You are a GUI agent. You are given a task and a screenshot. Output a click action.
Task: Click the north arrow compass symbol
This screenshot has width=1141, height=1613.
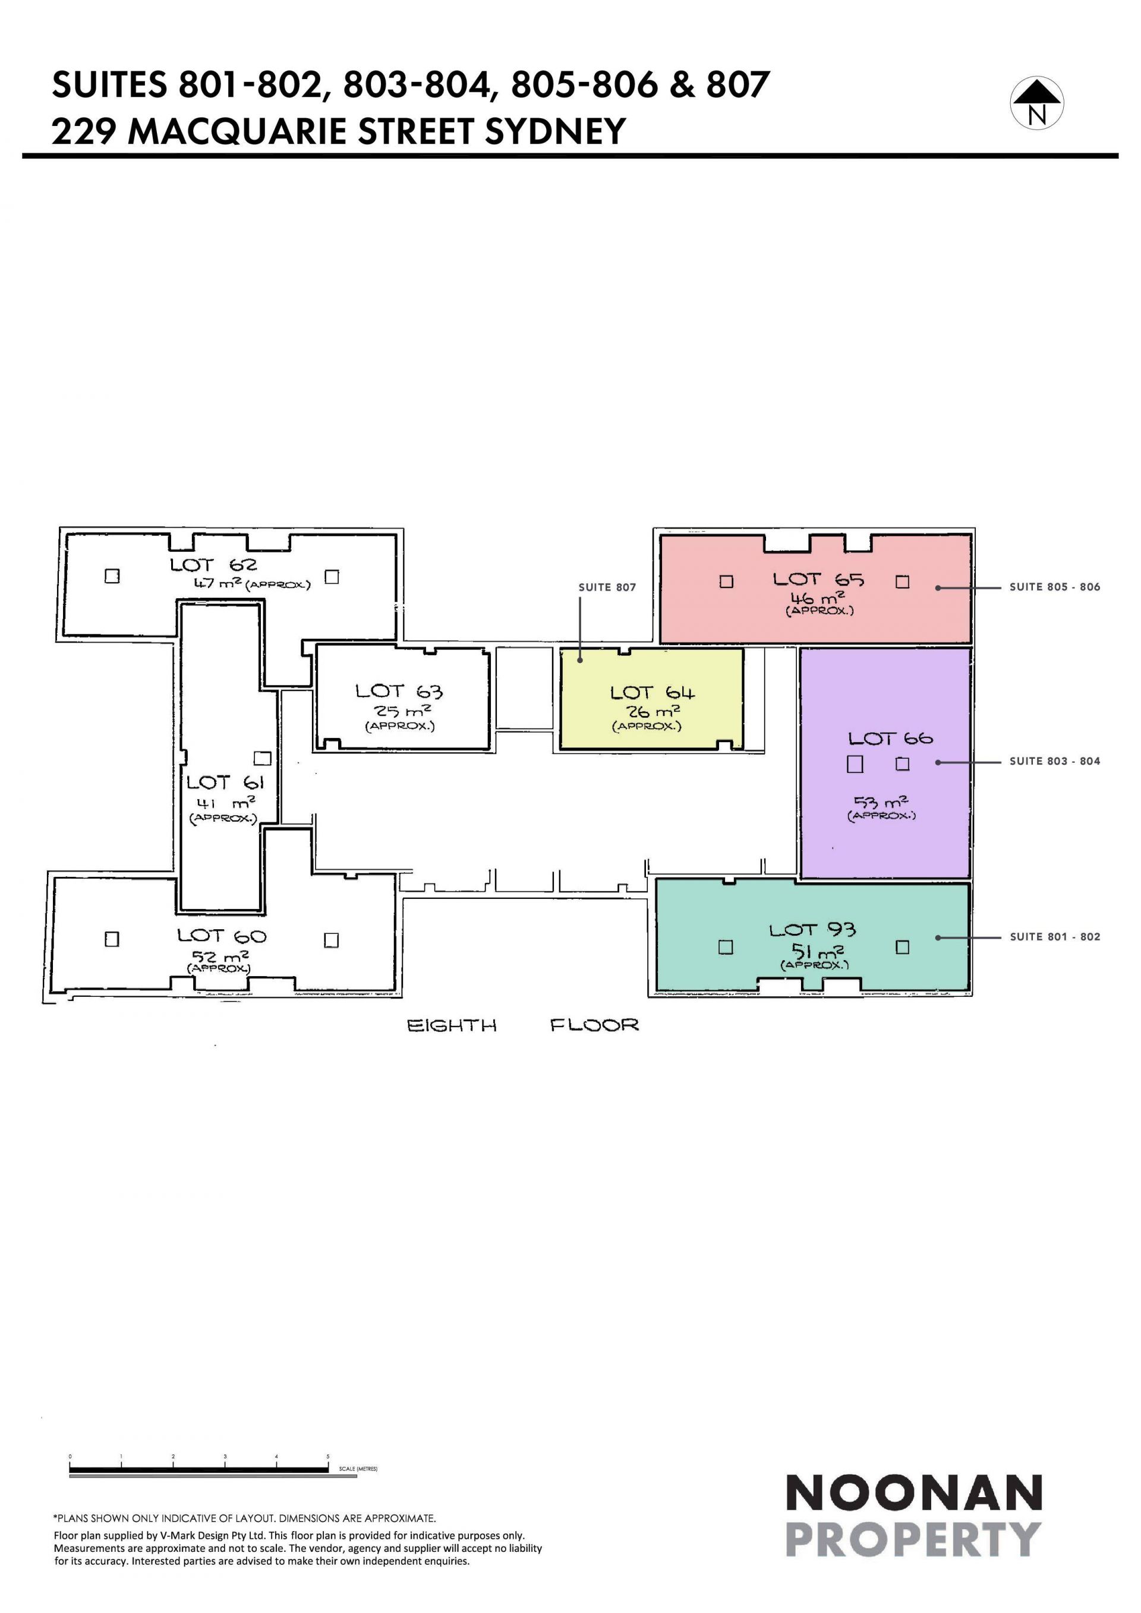pyautogui.click(x=1036, y=103)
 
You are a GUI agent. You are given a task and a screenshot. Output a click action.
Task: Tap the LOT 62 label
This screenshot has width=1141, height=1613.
pyautogui.click(x=213, y=565)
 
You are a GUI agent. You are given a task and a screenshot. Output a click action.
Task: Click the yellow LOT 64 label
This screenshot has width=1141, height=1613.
pyautogui.click(x=652, y=693)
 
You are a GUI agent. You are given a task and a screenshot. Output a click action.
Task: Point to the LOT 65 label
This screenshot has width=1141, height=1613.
pyautogui.click(x=818, y=580)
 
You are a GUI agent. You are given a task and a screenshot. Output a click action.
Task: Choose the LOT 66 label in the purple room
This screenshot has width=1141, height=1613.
pyautogui.click(x=890, y=738)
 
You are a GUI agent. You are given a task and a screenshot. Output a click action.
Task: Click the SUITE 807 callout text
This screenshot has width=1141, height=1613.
pyautogui.click(x=607, y=588)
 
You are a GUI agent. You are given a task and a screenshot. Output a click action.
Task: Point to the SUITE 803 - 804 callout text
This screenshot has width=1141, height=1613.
pyautogui.click(x=1055, y=761)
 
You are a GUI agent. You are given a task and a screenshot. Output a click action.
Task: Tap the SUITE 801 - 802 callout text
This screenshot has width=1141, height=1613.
pyautogui.click(x=1055, y=936)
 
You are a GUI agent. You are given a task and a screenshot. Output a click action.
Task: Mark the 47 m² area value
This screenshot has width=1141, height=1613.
pyautogui.click(x=218, y=583)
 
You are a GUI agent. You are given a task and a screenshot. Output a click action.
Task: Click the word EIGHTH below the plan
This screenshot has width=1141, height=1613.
pyautogui.click(x=452, y=1025)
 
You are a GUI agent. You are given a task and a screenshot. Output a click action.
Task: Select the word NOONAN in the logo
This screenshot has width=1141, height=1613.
pyautogui.click(x=913, y=1494)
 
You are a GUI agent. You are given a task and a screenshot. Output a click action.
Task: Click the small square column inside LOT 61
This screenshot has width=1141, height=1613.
pyautogui.click(x=262, y=758)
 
